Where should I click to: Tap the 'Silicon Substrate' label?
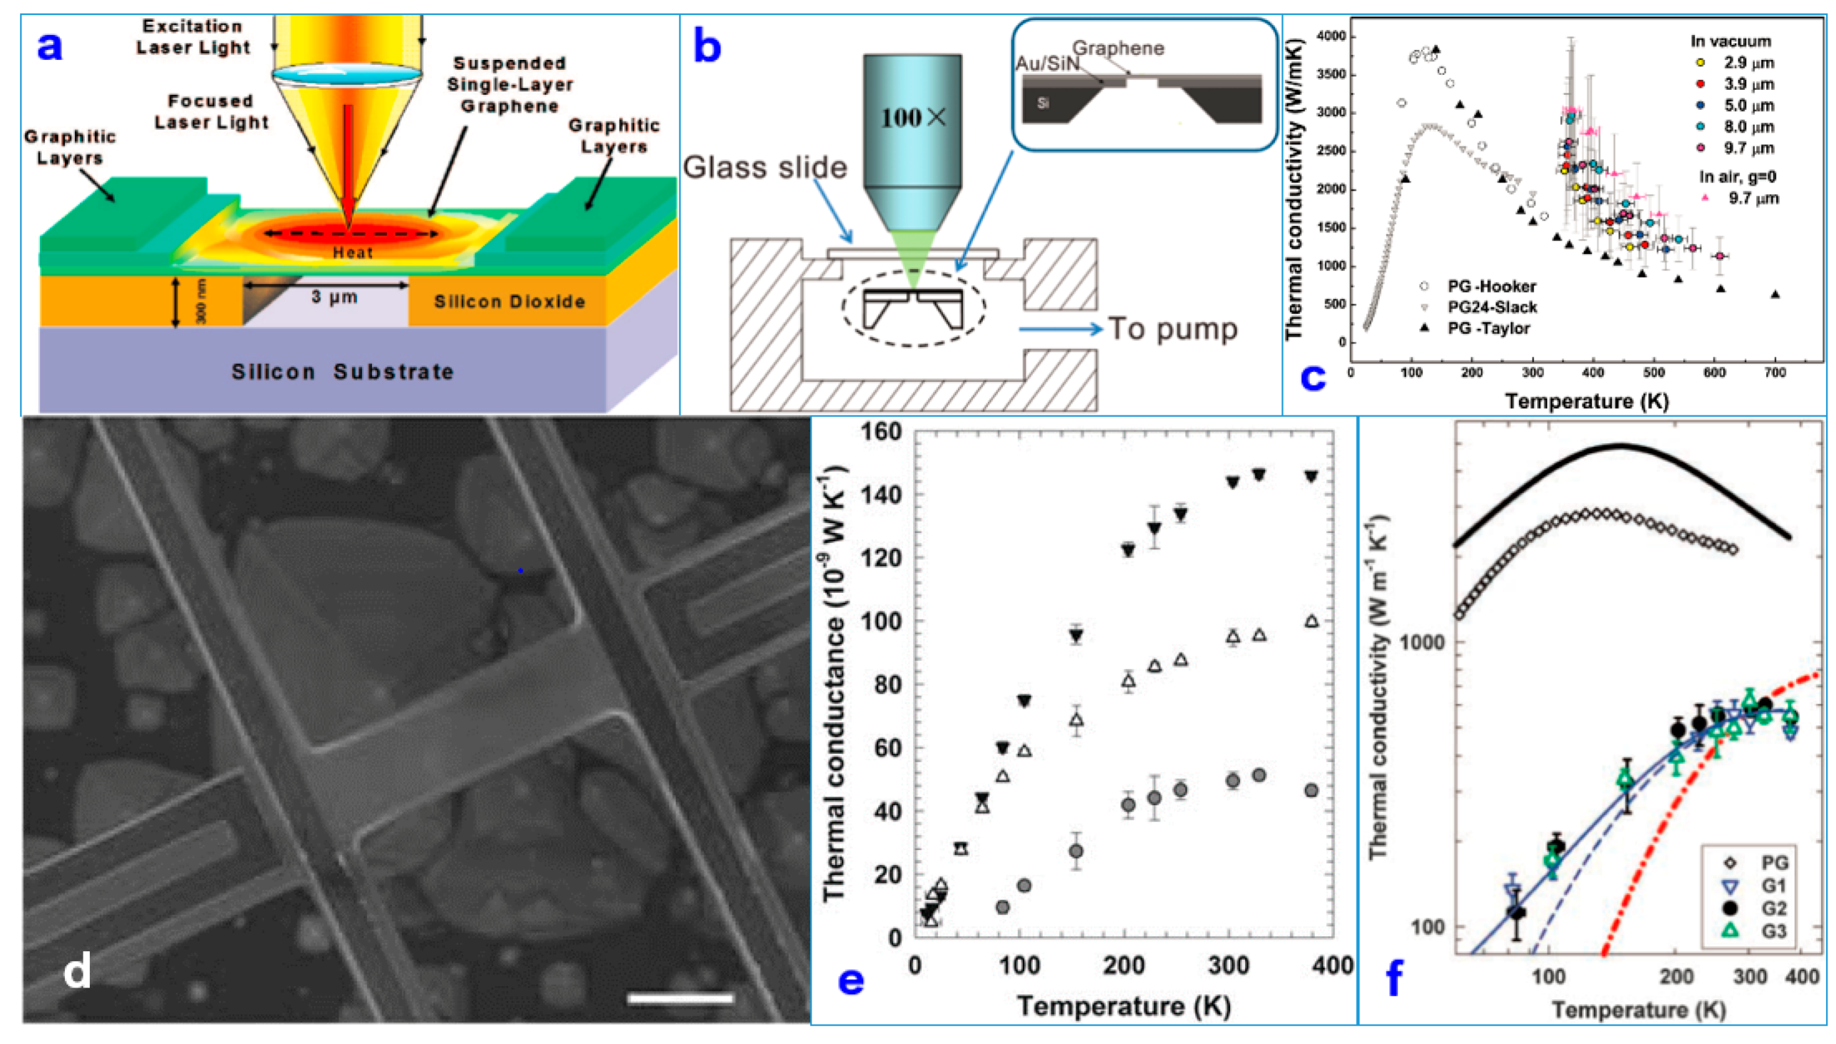click(342, 371)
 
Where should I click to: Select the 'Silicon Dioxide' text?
click(509, 302)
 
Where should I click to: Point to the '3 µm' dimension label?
click(334, 296)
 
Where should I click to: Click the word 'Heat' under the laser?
click(353, 252)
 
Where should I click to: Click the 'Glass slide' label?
click(764, 167)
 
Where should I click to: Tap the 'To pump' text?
click(1173, 328)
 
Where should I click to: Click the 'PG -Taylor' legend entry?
click(1488, 328)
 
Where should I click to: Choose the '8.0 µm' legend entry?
click(1749, 127)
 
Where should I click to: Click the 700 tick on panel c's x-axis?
click(1774, 373)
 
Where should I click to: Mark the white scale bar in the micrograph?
click(681, 997)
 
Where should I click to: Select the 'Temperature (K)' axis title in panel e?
click(1124, 1006)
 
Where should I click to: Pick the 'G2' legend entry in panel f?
click(1773, 909)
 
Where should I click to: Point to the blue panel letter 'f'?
click(1394, 978)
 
